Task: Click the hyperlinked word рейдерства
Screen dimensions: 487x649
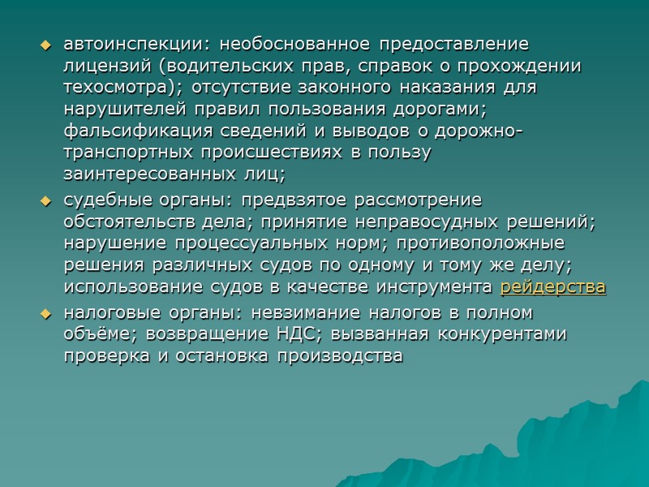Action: click(x=552, y=287)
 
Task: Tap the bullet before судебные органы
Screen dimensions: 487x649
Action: click(x=46, y=200)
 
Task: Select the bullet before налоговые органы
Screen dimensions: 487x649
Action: click(x=46, y=312)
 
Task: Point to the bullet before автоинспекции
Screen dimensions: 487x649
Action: click(x=46, y=44)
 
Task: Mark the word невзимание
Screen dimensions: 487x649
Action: click(x=301, y=312)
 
